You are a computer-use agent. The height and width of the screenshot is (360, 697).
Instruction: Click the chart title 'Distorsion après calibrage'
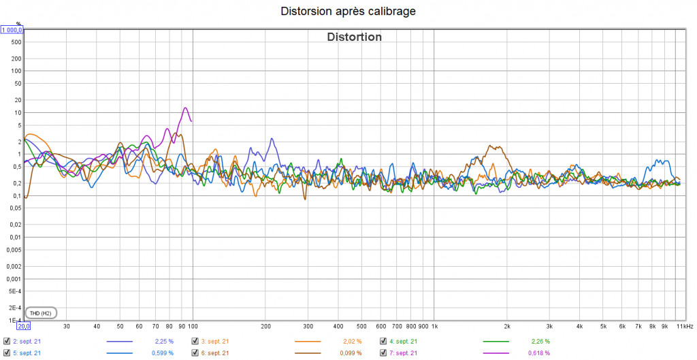point(348,11)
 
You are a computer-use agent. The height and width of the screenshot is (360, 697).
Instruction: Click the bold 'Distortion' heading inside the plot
point(355,37)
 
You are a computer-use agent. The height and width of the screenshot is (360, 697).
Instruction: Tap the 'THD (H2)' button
point(41,313)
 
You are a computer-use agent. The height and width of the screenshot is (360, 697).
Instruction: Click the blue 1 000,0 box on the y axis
point(13,30)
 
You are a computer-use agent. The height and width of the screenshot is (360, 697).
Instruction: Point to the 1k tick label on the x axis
point(434,327)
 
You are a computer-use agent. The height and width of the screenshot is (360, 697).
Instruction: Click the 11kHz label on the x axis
point(684,327)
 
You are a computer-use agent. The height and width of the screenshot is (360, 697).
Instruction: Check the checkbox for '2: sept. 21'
point(7,341)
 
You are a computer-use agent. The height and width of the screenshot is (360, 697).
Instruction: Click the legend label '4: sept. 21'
point(403,341)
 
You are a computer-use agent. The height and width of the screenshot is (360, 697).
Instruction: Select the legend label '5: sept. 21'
point(27,353)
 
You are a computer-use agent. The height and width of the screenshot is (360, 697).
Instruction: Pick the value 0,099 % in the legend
point(351,353)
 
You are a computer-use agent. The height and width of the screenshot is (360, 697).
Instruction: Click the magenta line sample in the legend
point(496,353)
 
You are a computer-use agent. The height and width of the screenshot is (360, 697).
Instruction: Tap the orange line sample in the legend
point(308,341)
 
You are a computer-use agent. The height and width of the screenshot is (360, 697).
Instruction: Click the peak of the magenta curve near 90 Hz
point(184,108)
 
